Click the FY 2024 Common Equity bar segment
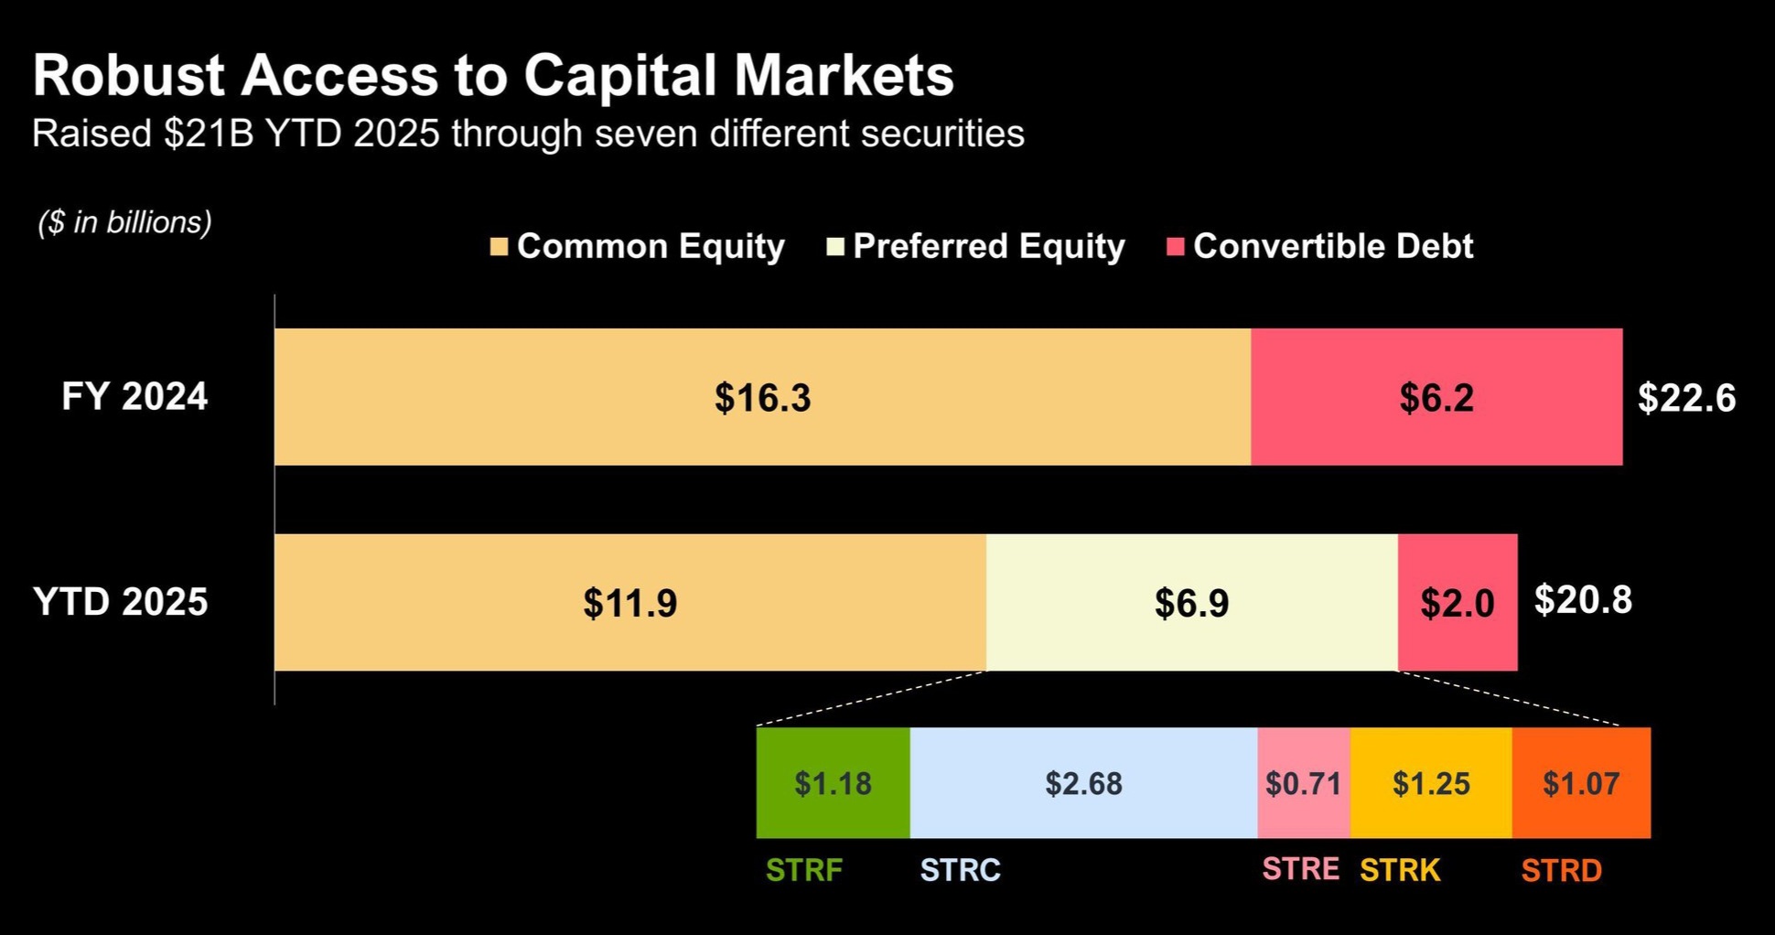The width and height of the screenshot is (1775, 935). (762, 397)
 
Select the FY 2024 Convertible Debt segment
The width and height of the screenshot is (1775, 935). (1436, 397)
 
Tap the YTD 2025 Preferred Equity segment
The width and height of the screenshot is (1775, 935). (1192, 602)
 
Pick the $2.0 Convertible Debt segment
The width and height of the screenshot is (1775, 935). (1458, 602)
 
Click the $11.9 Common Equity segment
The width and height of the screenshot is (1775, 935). (630, 602)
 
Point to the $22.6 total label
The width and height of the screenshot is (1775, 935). (1686, 398)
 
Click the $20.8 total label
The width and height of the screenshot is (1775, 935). (1583, 599)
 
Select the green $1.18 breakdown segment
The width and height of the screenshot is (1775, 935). (833, 783)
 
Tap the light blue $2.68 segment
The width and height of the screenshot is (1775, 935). (1083, 783)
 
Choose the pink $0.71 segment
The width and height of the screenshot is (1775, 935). (1304, 783)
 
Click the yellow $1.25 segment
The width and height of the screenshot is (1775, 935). (1431, 783)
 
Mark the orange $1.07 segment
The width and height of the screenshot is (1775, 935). (1581, 783)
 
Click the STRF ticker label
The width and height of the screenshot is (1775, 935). (804, 869)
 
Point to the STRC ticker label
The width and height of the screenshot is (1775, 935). (961, 869)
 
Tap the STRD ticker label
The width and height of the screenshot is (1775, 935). (1562, 870)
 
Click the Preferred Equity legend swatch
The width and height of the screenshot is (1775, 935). (834, 247)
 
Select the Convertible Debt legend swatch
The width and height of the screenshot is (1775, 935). (1176, 247)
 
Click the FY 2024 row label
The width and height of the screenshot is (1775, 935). (134, 396)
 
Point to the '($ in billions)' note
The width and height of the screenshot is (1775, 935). (124, 222)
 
